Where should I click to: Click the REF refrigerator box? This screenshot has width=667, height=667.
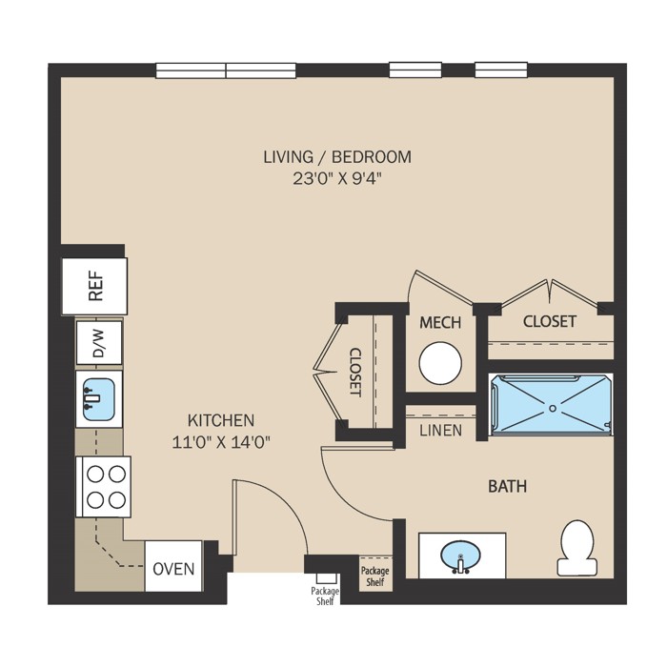94,286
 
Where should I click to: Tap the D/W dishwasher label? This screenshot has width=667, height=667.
98,343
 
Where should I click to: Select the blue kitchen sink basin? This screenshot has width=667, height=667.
99,399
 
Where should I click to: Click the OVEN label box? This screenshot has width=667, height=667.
173,566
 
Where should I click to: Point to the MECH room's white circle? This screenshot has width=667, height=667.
440,363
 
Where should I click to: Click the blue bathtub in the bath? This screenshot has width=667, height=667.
552,405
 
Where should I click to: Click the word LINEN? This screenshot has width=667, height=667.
440,431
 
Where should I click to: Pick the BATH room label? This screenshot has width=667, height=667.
507,486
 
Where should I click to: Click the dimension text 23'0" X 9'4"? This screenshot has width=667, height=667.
335,179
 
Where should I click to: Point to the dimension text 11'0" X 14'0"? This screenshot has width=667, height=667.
221,443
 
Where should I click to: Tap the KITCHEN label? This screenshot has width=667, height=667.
221,420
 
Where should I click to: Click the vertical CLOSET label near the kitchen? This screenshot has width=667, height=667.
355,373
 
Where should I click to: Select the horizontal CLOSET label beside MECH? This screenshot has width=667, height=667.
550,321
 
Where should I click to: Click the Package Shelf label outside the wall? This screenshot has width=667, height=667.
325,596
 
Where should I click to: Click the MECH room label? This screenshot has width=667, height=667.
440,322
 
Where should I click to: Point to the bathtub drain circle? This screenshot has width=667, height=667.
553,409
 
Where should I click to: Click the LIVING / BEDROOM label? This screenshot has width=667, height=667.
337,157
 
